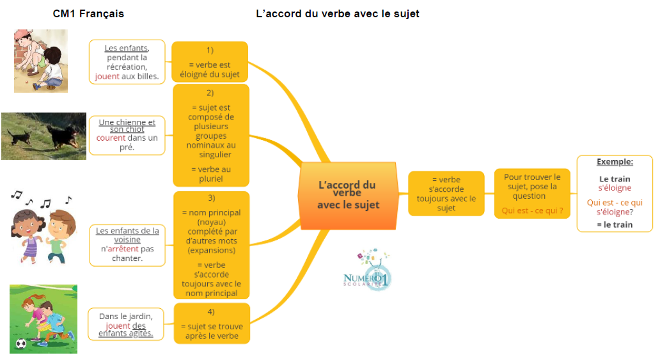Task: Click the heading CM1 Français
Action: point(88,13)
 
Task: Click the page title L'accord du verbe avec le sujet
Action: point(337,13)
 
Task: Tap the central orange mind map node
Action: point(348,195)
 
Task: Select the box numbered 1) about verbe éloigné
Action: point(210,62)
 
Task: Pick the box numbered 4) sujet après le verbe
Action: point(211,323)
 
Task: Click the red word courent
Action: point(111,137)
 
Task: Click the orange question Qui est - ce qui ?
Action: point(532,210)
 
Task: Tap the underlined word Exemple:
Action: point(615,162)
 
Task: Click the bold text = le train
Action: point(615,224)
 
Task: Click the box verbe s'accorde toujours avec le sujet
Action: point(446,194)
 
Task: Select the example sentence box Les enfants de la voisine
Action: point(127,245)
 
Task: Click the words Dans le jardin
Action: point(126,316)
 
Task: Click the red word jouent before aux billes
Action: point(107,76)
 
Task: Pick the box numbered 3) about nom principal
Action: point(211,245)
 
